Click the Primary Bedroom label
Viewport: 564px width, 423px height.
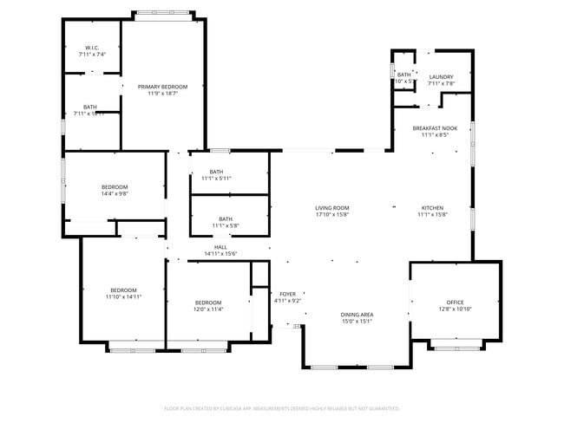tap(162, 87)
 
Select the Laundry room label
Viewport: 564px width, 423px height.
tap(441, 77)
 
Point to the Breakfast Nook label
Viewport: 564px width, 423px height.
tap(435, 128)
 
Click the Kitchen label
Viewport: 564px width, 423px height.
tap(432, 208)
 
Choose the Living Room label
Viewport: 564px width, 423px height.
tap(331, 208)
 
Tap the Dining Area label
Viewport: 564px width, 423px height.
tap(357, 314)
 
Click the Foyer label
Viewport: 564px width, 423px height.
tap(287, 294)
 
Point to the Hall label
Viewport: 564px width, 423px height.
tap(220, 247)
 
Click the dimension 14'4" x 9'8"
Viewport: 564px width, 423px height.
tap(115, 194)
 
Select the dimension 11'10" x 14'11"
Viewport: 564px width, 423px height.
tap(123, 296)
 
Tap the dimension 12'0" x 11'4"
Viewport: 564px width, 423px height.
tap(208, 309)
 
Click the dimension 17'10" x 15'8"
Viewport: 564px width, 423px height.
tap(331, 214)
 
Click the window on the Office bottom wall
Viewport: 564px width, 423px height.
tap(455, 348)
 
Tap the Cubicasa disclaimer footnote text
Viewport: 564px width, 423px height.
tap(281, 407)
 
